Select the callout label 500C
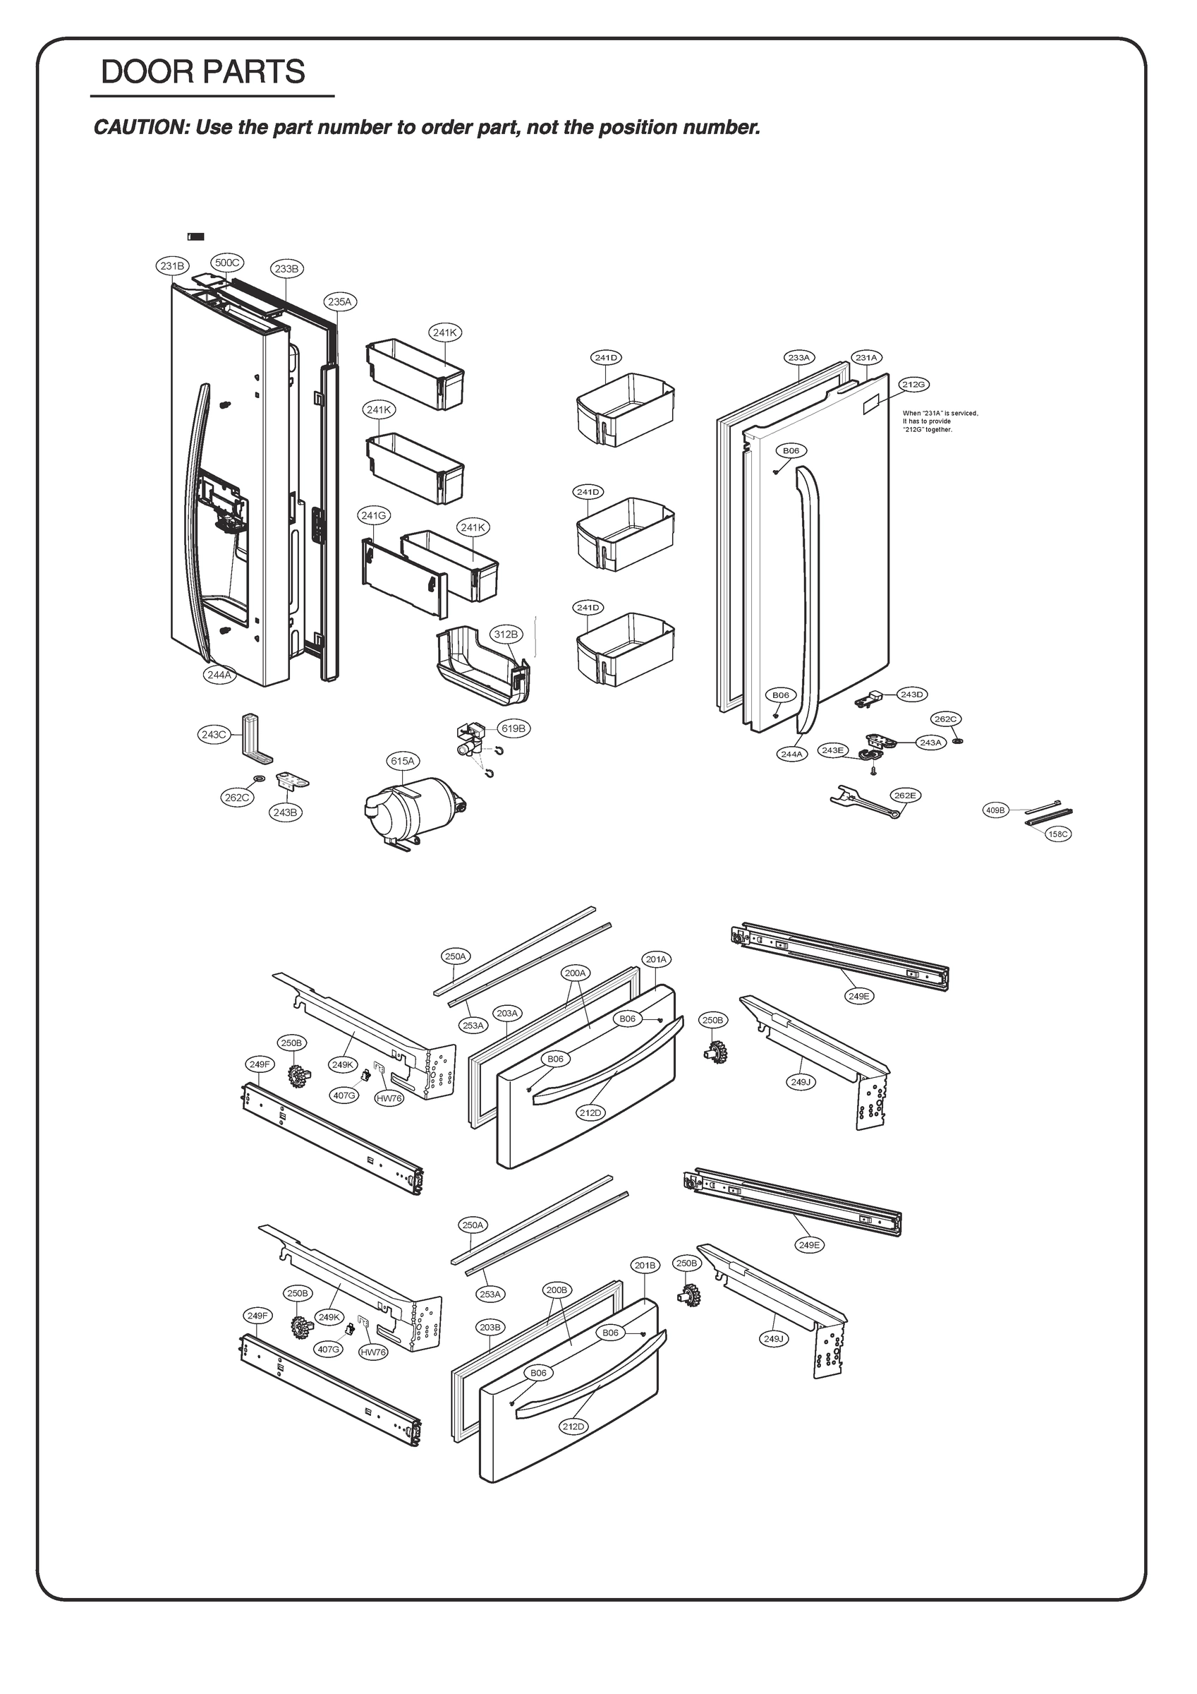click(x=227, y=263)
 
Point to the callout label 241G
click(x=374, y=515)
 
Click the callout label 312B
click(x=506, y=634)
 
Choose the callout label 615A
click(x=403, y=760)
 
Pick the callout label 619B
click(x=514, y=728)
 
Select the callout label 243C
click(x=214, y=734)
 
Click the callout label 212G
click(x=913, y=384)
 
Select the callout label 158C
click(x=1057, y=834)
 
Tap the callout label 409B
click(x=995, y=810)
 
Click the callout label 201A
click(x=656, y=959)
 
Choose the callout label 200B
click(x=557, y=1290)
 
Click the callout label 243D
click(x=911, y=695)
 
